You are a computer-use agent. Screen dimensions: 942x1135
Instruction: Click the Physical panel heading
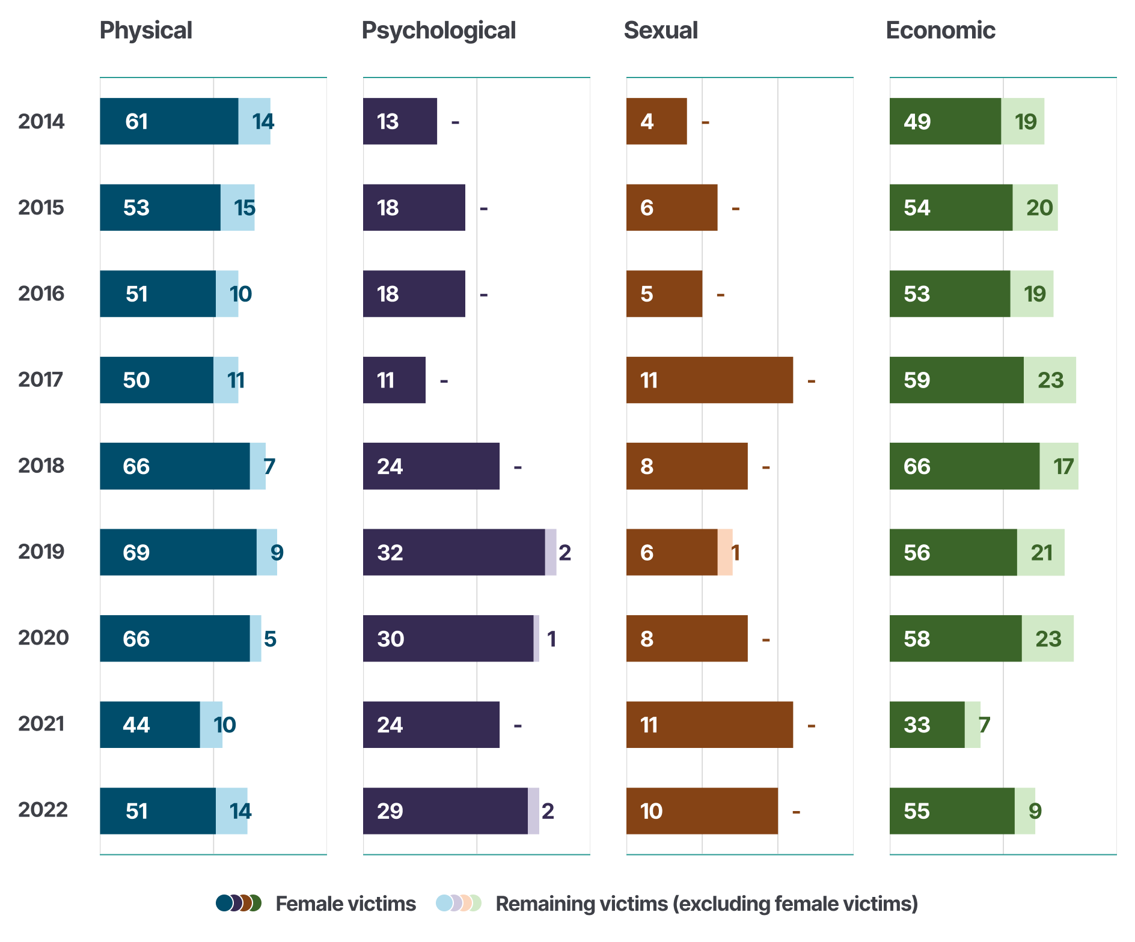click(145, 31)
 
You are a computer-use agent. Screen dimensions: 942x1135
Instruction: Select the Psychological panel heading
click(438, 31)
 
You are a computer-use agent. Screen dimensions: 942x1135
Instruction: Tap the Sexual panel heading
click(661, 31)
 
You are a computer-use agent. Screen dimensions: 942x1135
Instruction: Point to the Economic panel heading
click(940, 31)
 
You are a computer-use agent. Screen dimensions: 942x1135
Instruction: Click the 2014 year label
click(41, 121)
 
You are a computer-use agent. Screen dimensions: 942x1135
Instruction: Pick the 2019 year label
click(41, 552)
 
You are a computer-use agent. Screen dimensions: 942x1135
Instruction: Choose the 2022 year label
click(42, 810)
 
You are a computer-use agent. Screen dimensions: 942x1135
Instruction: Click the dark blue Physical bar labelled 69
click(178, 552)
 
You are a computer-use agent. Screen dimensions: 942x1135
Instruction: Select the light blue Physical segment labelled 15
click(237, 207)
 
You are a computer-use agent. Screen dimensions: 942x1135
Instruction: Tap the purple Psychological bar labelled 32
click(454, 552)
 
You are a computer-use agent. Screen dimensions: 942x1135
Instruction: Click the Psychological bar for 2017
click(394, 380)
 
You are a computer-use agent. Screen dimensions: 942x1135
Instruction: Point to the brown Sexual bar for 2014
click(656, 121)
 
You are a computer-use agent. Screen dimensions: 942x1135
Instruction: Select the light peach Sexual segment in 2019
click(725, 552)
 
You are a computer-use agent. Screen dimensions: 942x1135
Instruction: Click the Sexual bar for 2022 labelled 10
click(702, 811)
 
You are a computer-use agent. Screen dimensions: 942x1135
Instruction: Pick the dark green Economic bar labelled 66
click(964, 466)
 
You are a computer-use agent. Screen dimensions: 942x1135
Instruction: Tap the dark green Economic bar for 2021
click(927, 725)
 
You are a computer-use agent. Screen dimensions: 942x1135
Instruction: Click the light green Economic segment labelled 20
click(1035, 207)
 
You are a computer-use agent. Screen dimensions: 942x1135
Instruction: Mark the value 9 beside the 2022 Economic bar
click(1035, 811)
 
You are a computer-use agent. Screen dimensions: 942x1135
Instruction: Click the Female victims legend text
click(346, 904)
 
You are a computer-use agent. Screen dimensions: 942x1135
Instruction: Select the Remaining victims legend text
click(706, 904)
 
